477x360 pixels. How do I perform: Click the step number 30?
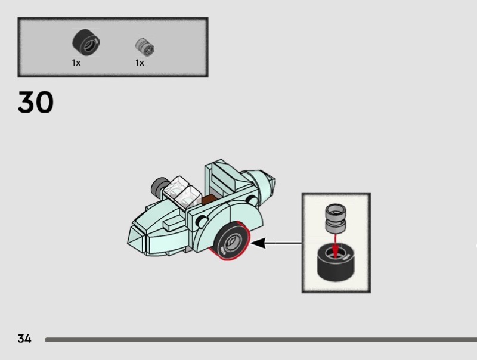point(36,102)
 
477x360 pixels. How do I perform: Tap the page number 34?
point(24,339)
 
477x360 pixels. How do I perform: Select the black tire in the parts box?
point(86,42)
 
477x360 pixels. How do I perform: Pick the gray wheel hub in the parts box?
point(145,47)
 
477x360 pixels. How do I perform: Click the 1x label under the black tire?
point(76,63)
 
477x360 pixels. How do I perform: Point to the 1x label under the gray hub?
point(140,63)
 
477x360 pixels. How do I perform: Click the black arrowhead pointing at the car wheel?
point(258,243)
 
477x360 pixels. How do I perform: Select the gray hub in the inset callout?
point(336,218)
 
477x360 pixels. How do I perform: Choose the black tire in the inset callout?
point(336,263)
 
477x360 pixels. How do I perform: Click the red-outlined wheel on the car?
point(232,241)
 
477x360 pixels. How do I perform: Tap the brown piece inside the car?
point(209,200)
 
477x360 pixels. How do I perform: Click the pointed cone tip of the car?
point(273,181)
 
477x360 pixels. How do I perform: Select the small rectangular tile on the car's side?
point(174,225)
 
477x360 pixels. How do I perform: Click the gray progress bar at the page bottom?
point(261,340)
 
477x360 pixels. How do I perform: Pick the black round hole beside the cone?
point(252,200)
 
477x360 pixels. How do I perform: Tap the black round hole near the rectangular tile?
point(202,221)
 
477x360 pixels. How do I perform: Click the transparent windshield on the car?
point(182,191)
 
